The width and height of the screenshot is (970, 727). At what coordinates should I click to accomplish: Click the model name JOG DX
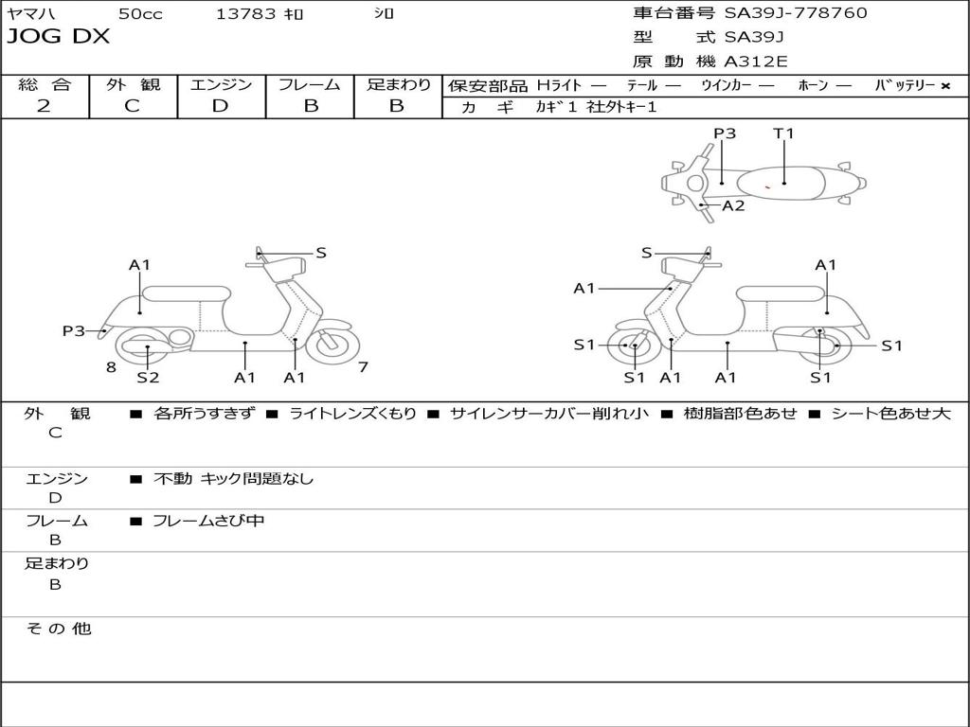click(x=59, y=37)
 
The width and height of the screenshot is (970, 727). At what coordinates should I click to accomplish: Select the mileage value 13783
click(x=246, y=13)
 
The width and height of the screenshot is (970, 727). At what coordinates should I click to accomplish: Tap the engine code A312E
click(x=755, y=62)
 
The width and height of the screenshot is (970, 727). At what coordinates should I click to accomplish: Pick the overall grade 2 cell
click(x=44, y=106)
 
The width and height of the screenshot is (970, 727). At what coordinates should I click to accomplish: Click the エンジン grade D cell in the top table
click(x=220, y=106)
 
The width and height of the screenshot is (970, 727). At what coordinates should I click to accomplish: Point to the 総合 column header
click(x=45, y=85)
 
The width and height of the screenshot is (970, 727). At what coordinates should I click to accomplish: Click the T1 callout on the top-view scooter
click(x=783, y=133)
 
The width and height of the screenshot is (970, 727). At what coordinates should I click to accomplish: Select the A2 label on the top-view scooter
click(x=733, y=205)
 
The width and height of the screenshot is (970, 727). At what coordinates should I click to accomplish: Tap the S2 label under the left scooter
click(x=148, y=378)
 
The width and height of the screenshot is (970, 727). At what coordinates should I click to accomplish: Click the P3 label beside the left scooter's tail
click(x=74, y=331)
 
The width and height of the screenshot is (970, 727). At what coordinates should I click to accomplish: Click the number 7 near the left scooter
click(x=363, y=367)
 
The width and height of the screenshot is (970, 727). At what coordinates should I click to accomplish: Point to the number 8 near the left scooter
click(x=111, y=367)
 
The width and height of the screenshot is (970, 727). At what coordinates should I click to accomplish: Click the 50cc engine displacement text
click(x=140, y=13)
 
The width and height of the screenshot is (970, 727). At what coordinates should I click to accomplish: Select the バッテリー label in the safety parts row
click(x=905, y=85)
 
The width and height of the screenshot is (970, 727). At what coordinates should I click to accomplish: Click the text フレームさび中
click(x=208, y=521)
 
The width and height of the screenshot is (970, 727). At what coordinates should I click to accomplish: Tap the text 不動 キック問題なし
click(x=233, y=479)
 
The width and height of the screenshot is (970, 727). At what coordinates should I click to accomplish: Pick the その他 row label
click(x=58, y=629)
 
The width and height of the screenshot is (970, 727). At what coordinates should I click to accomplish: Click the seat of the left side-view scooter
click(x=185, y=293)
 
